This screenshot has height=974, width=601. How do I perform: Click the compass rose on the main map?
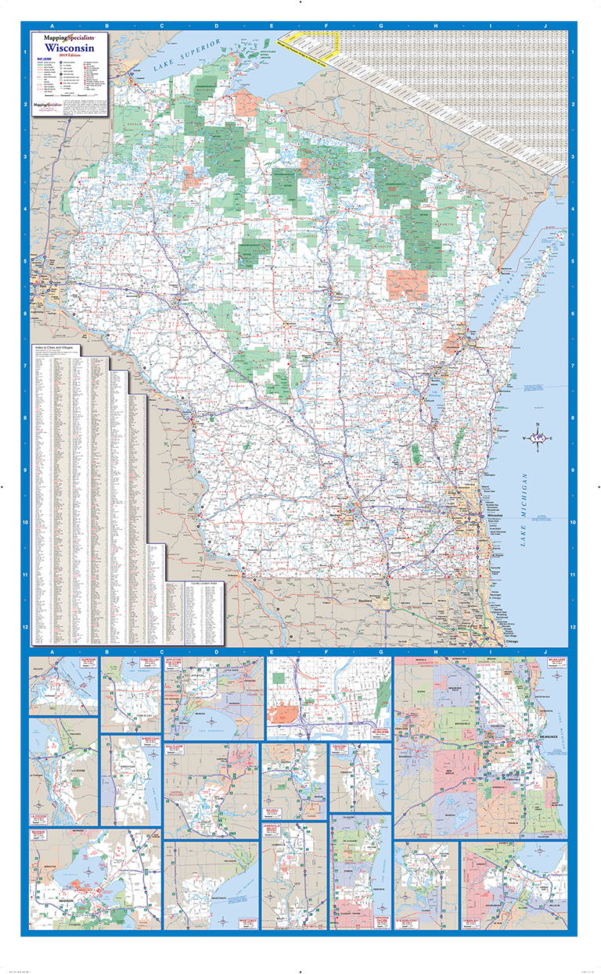click(538, 439)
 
